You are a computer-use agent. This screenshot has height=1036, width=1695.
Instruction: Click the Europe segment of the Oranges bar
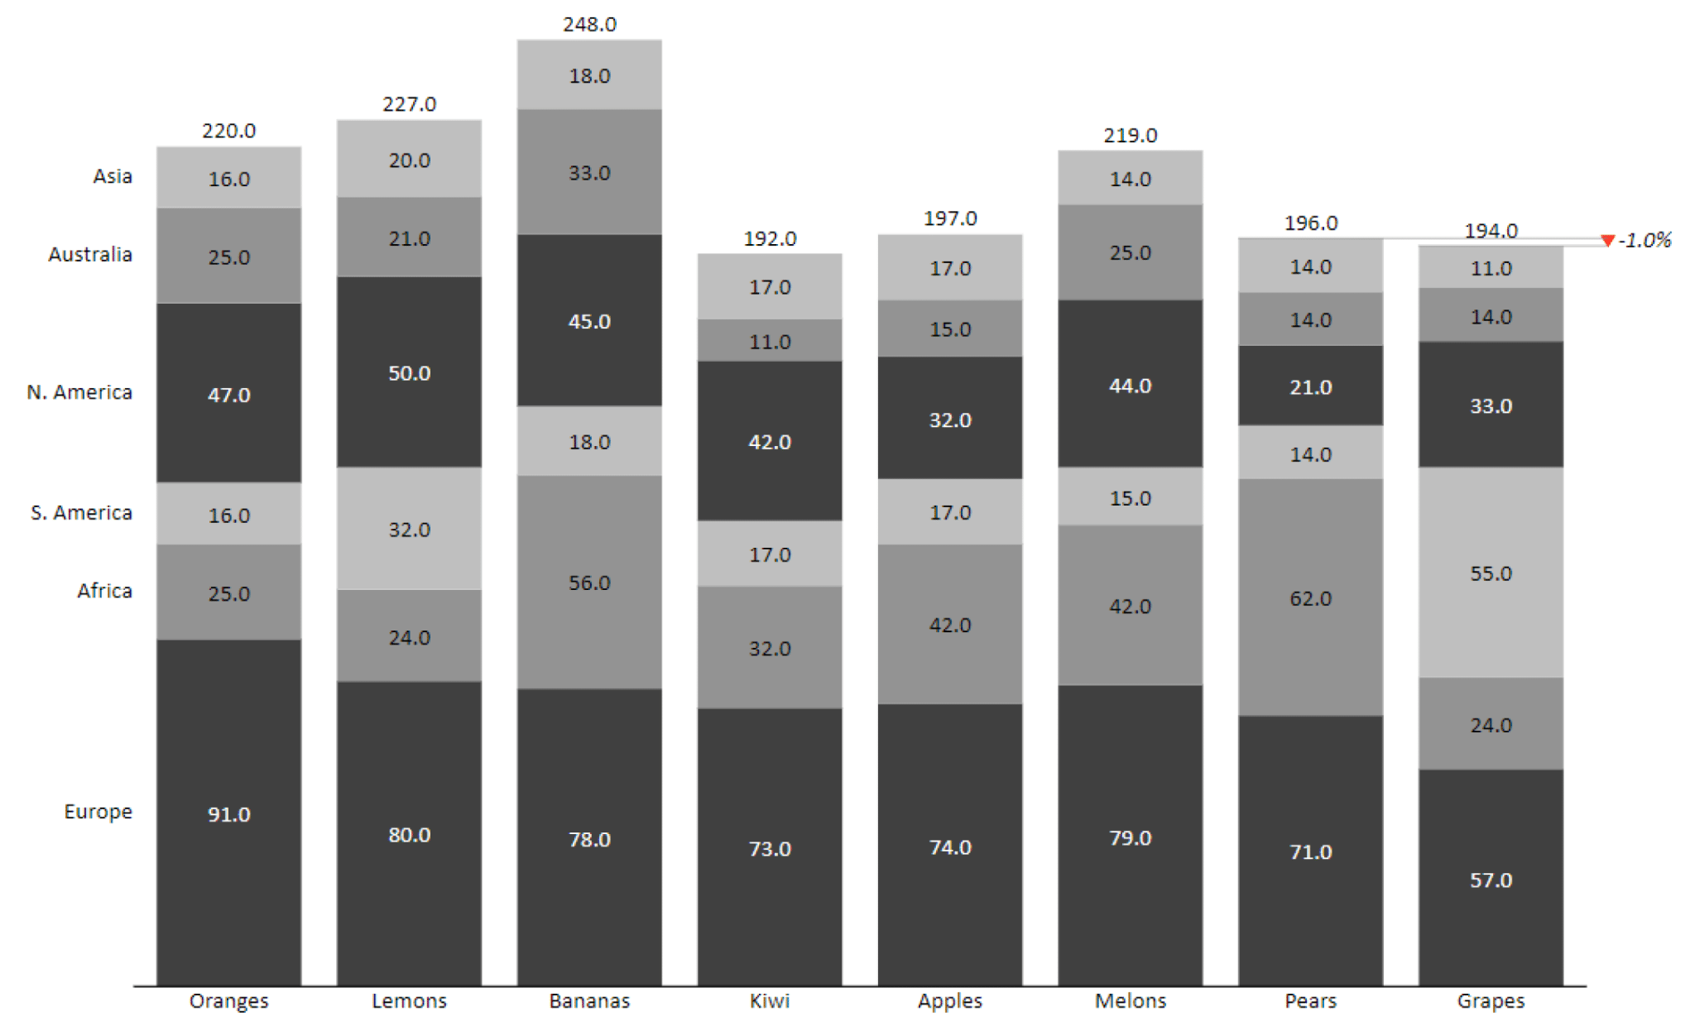pos(228,813)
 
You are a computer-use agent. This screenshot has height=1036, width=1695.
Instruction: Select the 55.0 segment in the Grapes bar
pos(1490,573)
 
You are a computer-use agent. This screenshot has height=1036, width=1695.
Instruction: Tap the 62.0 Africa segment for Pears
pos(1309,597)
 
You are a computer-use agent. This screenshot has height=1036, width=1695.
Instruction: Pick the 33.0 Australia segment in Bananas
pos(588,172)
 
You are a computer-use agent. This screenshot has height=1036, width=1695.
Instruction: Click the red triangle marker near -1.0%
pos(1606,241)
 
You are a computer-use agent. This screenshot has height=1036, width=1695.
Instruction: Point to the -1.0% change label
pos(1645,241)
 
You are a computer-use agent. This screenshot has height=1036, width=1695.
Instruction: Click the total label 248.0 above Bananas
pos(589,24)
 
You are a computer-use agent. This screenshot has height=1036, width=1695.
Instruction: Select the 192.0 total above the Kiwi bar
pos(770,238)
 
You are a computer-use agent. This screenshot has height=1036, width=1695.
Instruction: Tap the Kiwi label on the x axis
pos(770,1000)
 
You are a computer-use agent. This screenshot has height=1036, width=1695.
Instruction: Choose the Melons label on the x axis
pos(1130,1000)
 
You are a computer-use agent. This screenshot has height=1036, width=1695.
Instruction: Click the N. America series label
pos(79,391)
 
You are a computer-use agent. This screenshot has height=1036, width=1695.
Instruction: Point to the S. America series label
pos(81,512)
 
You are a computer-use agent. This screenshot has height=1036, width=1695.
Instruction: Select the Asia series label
pos(113,175)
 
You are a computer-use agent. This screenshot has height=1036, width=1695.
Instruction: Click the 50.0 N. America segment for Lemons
pos(409,372)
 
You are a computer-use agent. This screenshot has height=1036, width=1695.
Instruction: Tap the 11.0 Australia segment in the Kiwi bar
pos(770,341)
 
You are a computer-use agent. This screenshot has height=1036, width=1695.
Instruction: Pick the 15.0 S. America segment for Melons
pos(1130,497)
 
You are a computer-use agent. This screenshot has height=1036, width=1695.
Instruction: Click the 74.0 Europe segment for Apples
pos(949,846)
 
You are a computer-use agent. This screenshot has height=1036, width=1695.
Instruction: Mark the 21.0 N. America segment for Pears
pos(1309,386)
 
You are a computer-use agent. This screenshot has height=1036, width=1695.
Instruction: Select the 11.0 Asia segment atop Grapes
pos(1490,267)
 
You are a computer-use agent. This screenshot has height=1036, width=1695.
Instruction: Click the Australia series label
pos(90,254)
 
